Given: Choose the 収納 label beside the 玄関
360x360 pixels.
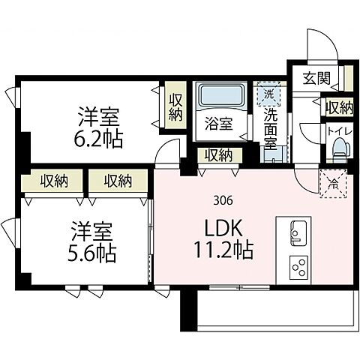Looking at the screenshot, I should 338,107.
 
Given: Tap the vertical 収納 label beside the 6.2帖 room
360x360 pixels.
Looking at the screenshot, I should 175,108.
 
